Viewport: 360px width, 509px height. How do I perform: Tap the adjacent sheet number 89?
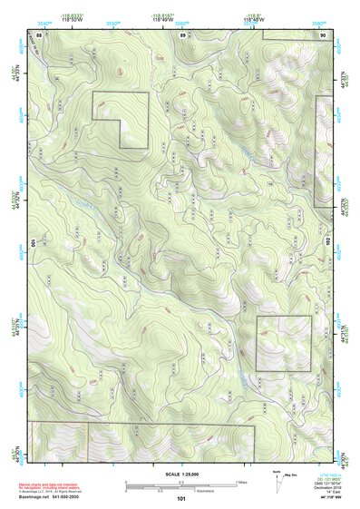point(182,34)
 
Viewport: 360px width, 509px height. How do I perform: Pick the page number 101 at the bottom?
point(181,498)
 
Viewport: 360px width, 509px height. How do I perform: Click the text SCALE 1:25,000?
point(181,475)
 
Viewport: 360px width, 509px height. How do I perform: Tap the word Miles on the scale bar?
point(241,482)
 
